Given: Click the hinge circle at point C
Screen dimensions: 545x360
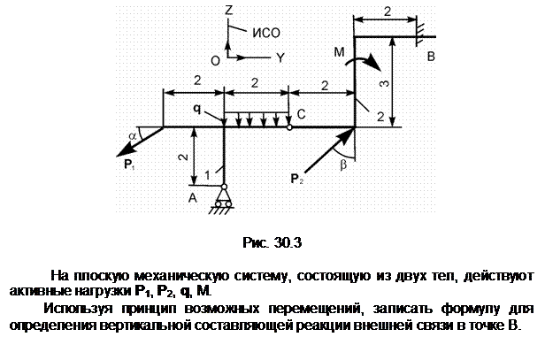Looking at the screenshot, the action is point(289,127).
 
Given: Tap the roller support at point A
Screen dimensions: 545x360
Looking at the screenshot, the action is point(224,198).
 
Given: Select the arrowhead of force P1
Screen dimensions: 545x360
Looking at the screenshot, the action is point(125,150).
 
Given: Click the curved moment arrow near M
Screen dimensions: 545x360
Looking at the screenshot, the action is point(365,62).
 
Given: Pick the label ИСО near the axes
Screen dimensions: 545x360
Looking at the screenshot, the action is point(266,33).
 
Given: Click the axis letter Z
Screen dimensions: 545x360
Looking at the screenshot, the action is point(228,10).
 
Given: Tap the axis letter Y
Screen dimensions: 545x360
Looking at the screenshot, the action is point(280,57).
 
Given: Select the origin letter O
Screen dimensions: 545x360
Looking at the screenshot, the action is point(215,61).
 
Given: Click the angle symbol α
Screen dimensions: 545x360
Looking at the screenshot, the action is point(133,136).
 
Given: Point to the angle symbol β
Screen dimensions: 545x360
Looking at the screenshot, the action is point(343,165).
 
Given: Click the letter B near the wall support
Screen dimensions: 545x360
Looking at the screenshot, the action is point(431,57).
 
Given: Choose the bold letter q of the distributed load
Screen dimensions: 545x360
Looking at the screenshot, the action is point(196,109).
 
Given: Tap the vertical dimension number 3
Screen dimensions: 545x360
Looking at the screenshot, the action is point(384,84).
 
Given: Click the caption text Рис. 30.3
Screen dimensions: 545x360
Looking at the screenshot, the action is point(272,242).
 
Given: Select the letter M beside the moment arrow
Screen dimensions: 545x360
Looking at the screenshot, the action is point(339,52).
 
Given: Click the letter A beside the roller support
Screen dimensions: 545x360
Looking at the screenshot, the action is point(192,198).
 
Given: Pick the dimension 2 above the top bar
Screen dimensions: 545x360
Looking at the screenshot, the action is point(388,11).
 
